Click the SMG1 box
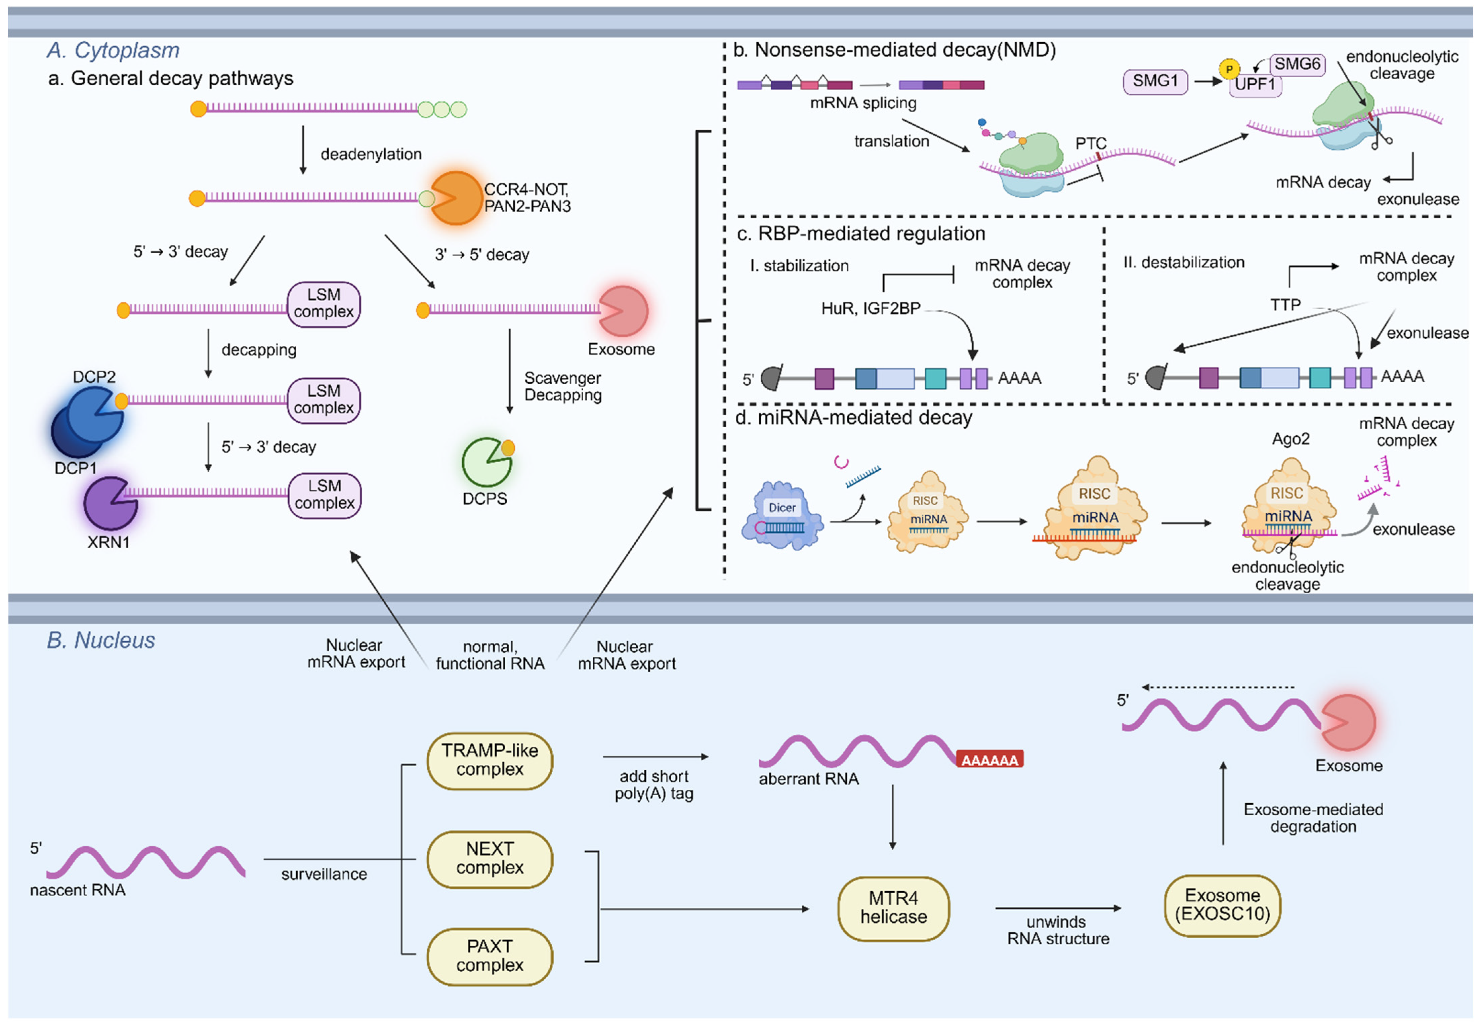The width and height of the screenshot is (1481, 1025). pyautogui.click(x=1155, y=82)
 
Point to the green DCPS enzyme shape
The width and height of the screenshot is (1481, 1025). pyautogui.click(x=486, y=462)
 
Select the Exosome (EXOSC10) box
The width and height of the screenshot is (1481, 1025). pyautogui.click(x=1222, y=905)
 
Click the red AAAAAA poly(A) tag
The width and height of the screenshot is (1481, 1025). pyautogui.click(x=990, y=760)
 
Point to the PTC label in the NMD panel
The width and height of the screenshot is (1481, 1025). pyautogui.click(x=1091, y=143)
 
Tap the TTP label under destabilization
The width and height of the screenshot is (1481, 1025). pyautogui.click(x=1285, y=305)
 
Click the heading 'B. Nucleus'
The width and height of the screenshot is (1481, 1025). pyautogui.click(x=101, y=640)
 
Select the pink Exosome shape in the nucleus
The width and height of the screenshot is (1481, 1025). pyautogui.click(x=1347, y=723)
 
